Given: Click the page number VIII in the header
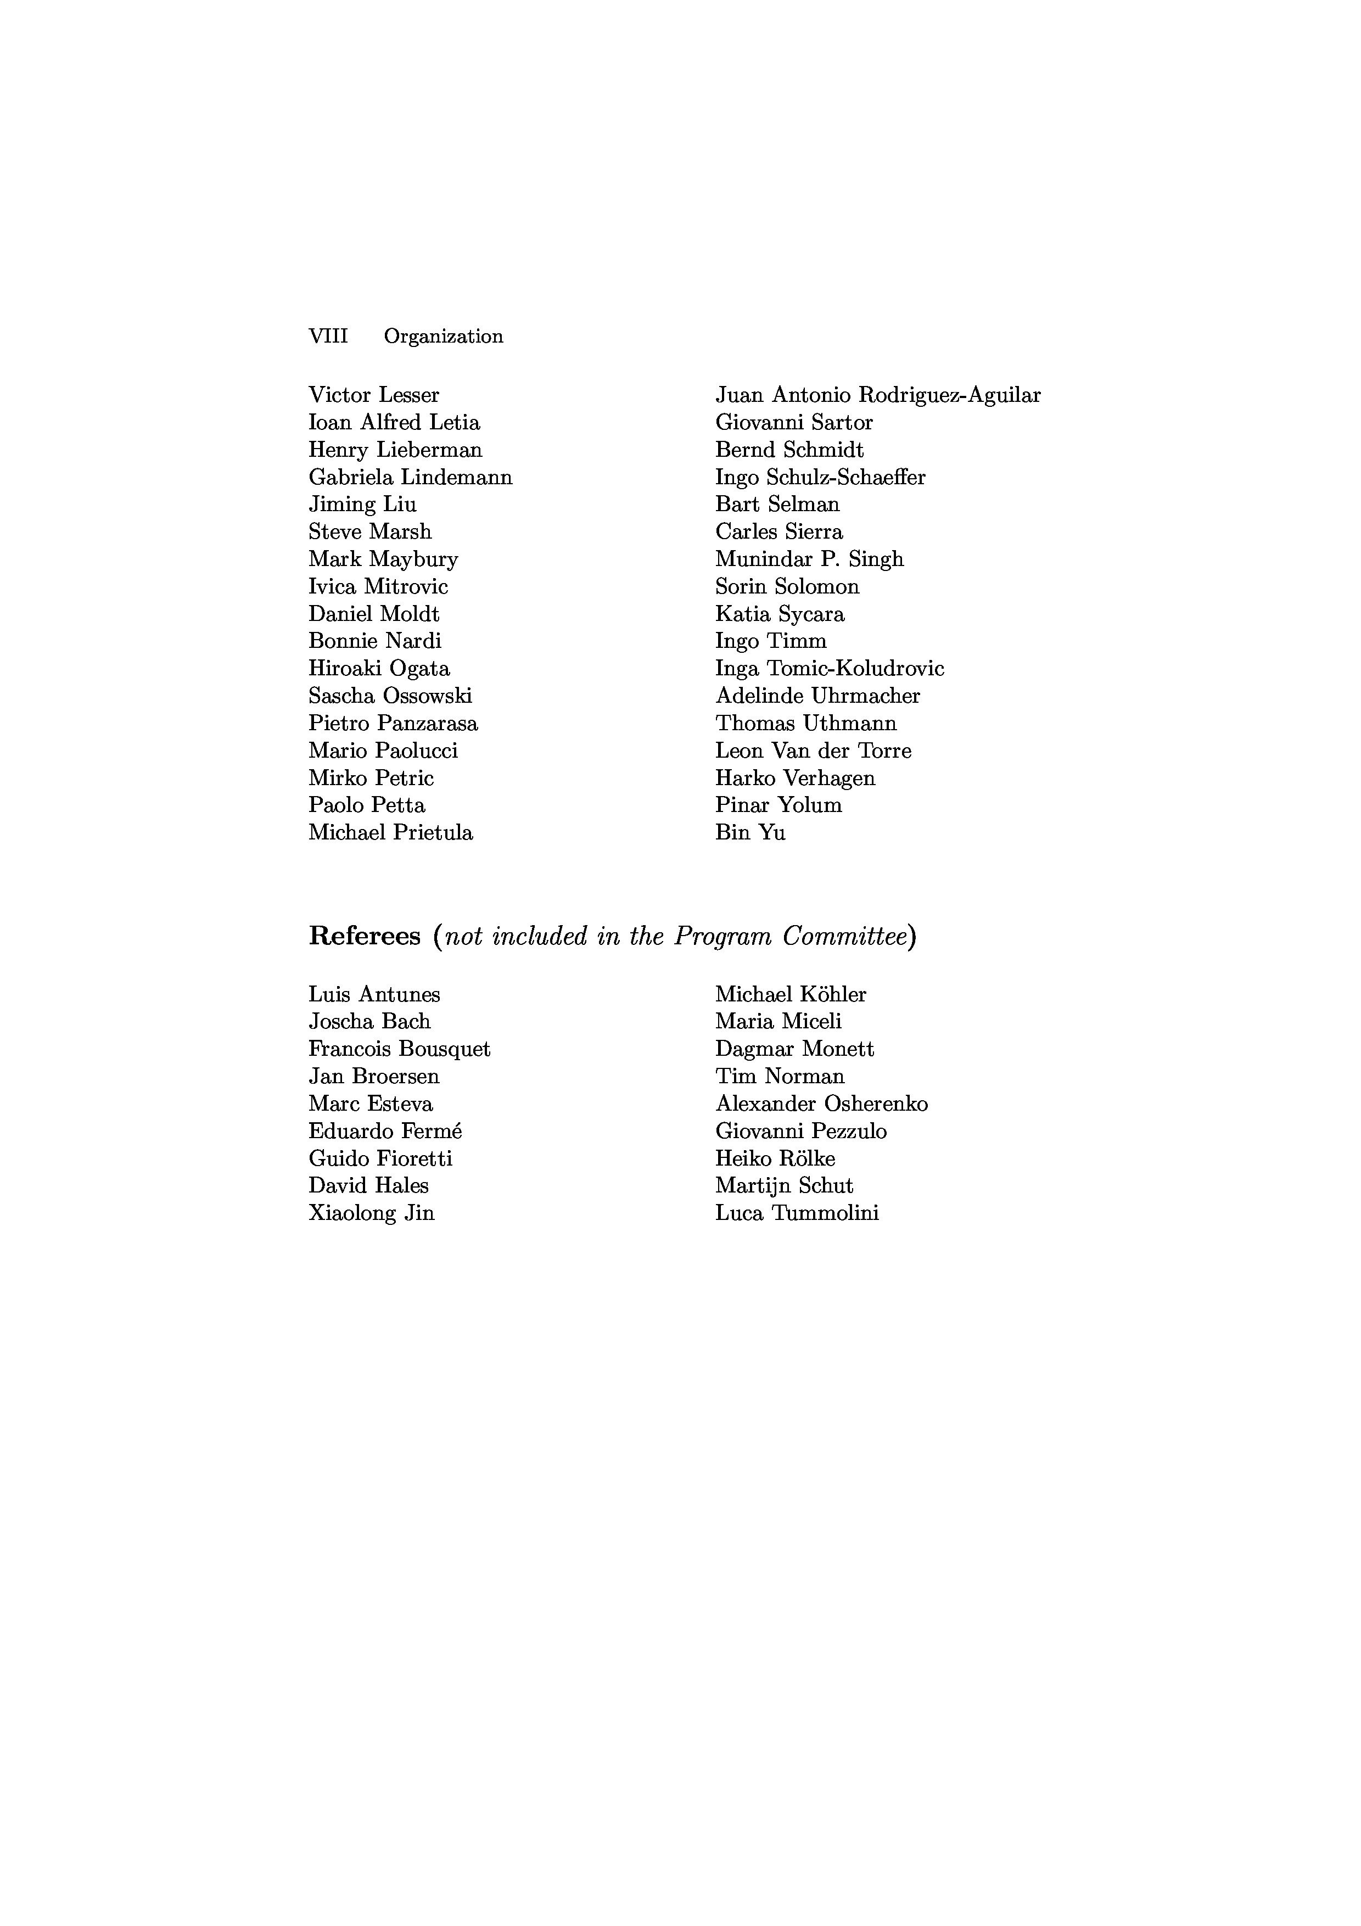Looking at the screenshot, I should tap(328, 337).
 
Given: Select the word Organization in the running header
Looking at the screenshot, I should tap(444, 337).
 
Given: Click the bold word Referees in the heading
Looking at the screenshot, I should tap(365, 936).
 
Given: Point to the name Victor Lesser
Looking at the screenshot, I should tap(374, 395).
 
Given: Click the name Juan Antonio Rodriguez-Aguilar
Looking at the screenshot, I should tap(878, 395).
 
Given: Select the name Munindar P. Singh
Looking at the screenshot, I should tap(809, 559).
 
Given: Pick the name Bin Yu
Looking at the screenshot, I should tap(750, 833).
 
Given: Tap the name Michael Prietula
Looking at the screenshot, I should tap(391, 833).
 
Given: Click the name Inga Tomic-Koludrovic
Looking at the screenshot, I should tap(830, 669).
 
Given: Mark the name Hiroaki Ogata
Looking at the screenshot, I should tap(379, 669).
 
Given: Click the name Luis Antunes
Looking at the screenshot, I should tap(374, 995).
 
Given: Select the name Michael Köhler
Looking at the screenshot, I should tap(791, 995).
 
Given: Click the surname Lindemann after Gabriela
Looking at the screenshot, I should tap(456, 477).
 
